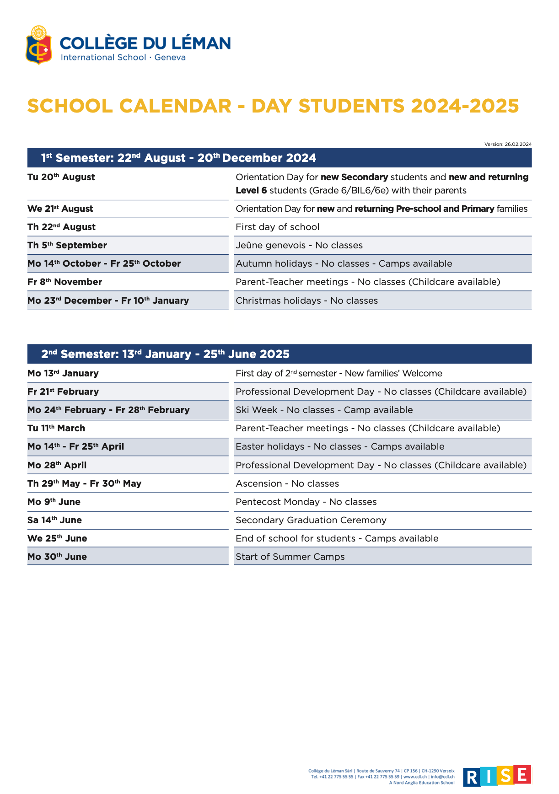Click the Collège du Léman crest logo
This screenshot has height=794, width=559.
tap(39, 45)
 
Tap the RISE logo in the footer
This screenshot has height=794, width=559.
tap(497, 776)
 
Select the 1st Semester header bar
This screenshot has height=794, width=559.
tap(279, 158)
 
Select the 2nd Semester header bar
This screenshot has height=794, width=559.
tap(279, 354)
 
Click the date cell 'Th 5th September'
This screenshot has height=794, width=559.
tap(67, 245)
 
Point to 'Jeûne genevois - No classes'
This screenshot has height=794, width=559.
tap(299, 245)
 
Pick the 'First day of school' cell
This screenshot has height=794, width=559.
tap(277, 227)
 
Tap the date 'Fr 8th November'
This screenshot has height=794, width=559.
tap(64, 282)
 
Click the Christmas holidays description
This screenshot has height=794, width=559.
tap(306, 300)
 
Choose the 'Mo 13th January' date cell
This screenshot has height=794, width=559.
tap(63, 373)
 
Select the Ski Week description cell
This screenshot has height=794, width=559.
tap(324, 410)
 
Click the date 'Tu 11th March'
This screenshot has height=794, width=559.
tap(56, 428)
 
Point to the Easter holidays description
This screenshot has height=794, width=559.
tap(340, 446)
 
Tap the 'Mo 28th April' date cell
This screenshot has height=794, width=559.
tap(57, 465)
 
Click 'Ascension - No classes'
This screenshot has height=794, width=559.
tap(287, 483)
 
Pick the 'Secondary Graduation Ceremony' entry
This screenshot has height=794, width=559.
tap(311, 520)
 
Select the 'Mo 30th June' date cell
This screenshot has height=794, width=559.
tap(57, 557)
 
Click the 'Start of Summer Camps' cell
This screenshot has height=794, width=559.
tap(290, 557)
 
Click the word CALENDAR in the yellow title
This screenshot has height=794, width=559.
tap(175, 106)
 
